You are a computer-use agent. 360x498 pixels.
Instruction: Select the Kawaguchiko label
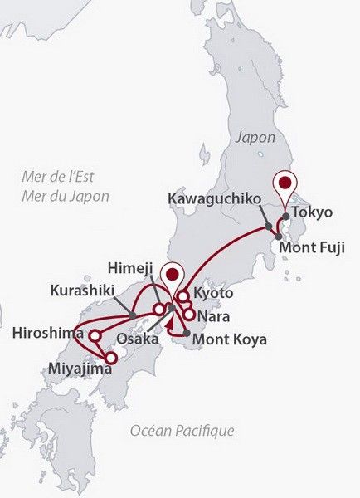[x=214, y=198]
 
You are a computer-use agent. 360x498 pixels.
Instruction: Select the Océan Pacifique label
[x=182, y=430]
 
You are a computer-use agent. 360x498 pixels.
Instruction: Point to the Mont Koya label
[x=229, y=339]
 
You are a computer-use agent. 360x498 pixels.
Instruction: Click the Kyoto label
[x=213, y=294]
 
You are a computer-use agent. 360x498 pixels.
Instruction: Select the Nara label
[x=213, y=316]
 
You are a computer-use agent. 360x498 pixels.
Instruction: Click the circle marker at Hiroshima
[x=95, y=336]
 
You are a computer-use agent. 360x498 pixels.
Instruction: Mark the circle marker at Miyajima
[x=111, y=358]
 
